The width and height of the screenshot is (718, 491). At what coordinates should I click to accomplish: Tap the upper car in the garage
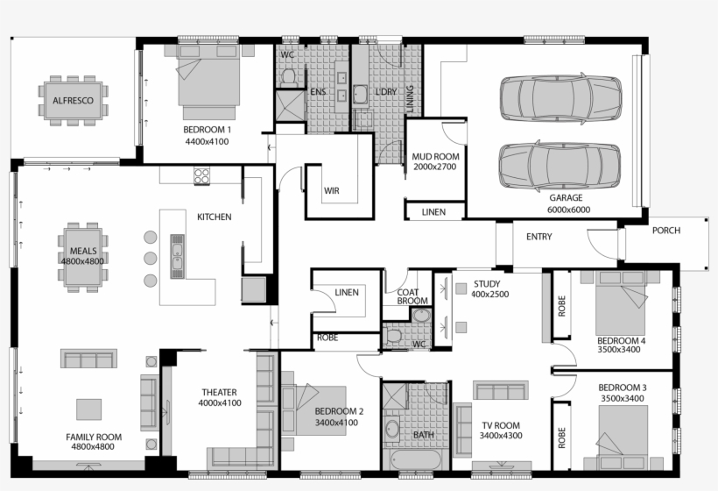pos(560,98)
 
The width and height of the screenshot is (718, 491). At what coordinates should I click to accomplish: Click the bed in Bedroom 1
pos(208,82)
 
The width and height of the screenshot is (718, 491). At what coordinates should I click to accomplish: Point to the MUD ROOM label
pos(435,161)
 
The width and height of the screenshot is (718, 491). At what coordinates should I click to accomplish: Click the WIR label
pos(332,190)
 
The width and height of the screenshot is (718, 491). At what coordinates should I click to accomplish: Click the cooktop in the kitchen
pos(202,175)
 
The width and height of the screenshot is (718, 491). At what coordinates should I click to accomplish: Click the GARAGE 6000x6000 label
pos(569,204)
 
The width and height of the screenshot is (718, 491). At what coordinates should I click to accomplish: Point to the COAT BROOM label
pos(412,297)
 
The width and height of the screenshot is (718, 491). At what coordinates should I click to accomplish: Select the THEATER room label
pos(219,397)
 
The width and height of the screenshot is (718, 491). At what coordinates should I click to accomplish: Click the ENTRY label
pos(539,237)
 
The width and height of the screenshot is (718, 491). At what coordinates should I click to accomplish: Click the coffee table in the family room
pos(88,409)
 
